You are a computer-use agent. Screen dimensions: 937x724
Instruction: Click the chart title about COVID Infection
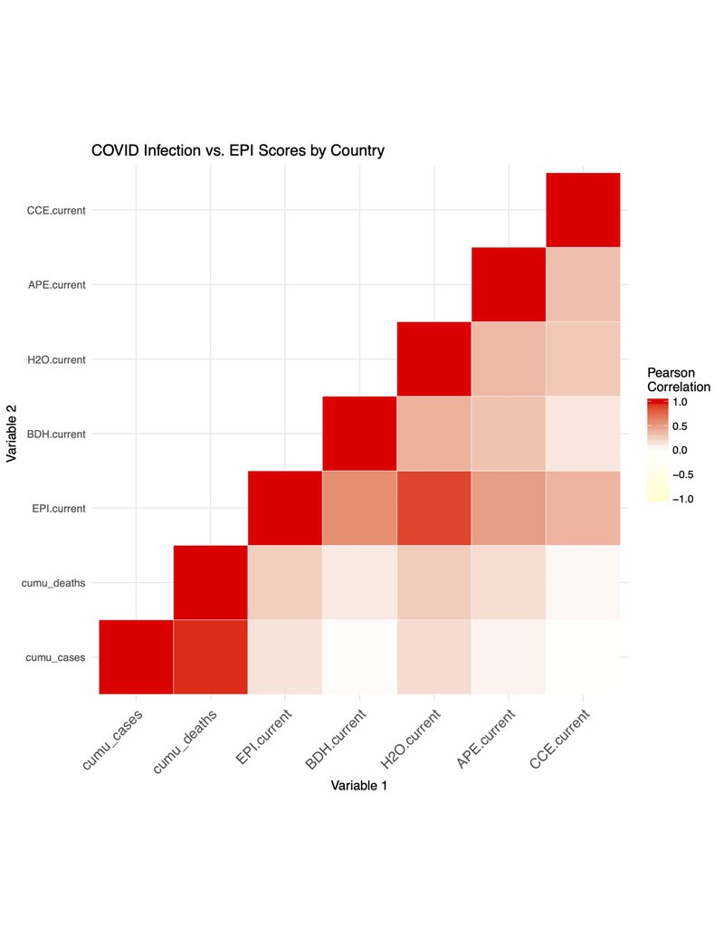[238, 150]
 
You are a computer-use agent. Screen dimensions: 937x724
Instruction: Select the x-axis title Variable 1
[359, 785]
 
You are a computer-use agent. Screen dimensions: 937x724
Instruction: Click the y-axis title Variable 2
[13, 434]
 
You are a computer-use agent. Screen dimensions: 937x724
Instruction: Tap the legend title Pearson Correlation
[678, 379]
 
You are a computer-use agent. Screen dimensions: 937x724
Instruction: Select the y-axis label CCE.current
[56, 210]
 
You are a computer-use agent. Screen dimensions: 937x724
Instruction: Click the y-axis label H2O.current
[56, 359]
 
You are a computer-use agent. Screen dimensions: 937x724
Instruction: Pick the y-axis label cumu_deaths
[53, 583]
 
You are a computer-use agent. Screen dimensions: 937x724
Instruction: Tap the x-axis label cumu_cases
[112, 740]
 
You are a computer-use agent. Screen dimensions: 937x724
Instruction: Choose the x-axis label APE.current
[486, 740]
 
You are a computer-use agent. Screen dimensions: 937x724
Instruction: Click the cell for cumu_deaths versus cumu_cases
[211, 657]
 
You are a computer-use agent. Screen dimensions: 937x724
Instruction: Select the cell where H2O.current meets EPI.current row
[433, 508]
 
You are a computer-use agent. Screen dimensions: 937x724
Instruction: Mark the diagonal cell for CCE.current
[583, 209]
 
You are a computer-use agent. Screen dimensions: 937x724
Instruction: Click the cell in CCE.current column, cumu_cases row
[583, 657]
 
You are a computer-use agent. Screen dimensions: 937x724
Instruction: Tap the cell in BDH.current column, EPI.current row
[359, 508]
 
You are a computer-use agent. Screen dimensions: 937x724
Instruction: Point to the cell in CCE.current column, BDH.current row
[583, 434]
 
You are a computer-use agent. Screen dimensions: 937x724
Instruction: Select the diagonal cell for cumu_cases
[136, 657]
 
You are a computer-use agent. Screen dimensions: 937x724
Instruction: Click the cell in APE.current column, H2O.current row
[509, 359]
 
